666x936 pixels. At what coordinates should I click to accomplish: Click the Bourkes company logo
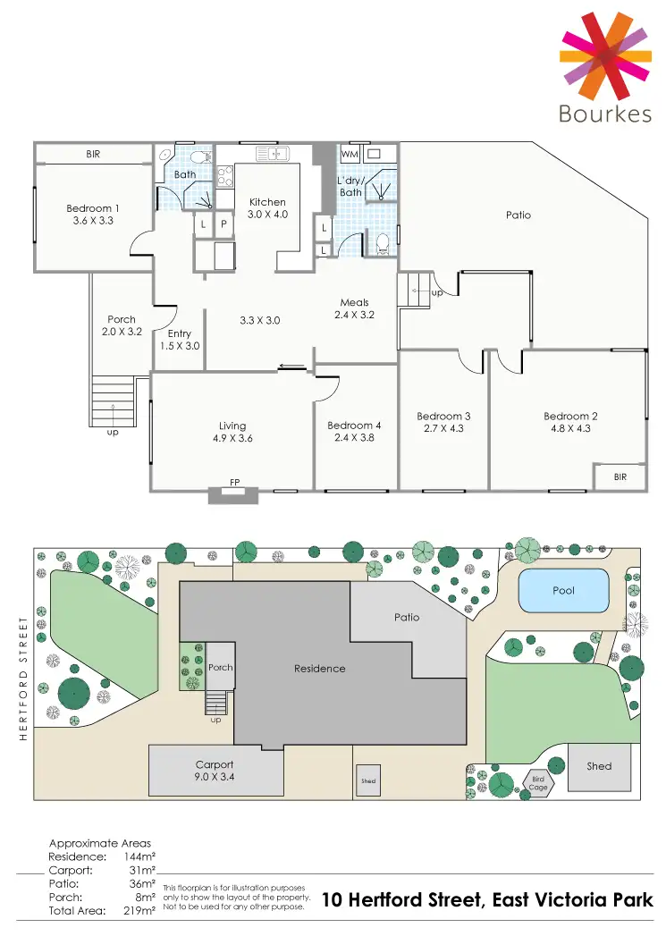tap(604, 67)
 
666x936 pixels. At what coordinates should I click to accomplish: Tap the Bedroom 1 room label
tap(93, 209)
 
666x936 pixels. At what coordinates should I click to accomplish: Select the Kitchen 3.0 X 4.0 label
tap(267, 208)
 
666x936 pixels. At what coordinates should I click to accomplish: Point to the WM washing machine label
tap(350, 155)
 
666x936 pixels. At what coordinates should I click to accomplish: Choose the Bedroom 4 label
tap(354, 426)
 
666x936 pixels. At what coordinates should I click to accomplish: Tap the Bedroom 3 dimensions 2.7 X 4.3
tap(443, 428)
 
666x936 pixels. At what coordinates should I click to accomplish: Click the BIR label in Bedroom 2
tap(620, 477)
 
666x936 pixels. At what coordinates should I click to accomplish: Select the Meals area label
tap(354, 303)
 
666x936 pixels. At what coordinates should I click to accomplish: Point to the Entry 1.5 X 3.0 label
tap(179, 340)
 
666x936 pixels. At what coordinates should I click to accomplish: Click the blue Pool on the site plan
tap(563, 591)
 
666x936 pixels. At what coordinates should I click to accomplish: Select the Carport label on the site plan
tap(215, 765)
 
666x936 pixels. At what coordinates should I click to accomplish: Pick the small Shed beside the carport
tap(368, 780)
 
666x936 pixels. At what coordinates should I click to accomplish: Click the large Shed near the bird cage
tap(599, 766)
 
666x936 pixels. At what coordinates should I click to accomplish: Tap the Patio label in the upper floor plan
tap(518, 215)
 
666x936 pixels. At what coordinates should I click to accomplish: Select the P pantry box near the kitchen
tap(223, 224)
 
